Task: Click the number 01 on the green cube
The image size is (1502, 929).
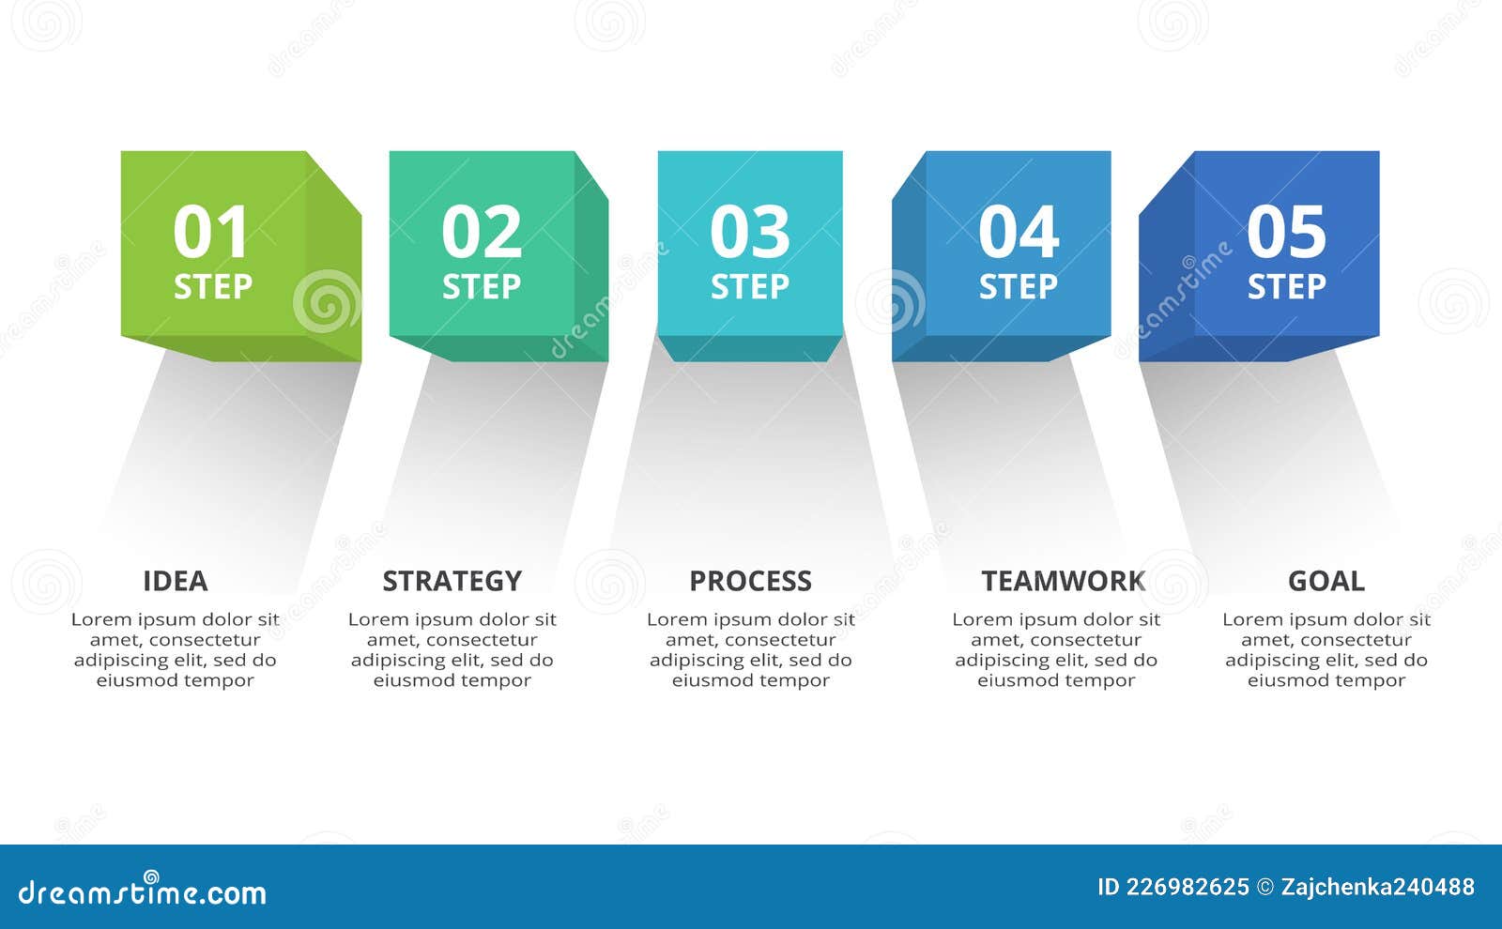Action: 210,231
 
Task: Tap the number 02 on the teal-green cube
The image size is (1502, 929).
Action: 482,231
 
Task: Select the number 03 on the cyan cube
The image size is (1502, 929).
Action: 750,231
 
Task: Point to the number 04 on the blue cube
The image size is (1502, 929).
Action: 1019,231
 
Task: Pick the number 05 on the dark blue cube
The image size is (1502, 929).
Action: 1286,231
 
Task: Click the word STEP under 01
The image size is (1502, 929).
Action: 212,287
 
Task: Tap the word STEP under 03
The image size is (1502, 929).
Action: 750,287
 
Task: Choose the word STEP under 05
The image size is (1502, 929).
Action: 1287,287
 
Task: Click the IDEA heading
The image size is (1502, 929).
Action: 175,581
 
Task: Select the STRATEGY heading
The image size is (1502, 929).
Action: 452,581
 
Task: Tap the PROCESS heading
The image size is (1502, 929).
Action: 750,581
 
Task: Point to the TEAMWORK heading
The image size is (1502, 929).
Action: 1064,581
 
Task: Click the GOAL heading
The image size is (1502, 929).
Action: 1326,581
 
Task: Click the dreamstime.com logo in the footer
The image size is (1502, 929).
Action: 142,891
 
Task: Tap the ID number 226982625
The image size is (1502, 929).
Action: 1188,887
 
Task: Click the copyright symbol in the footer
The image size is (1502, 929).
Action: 1265,888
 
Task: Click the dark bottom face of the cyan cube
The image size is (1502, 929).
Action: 750,348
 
